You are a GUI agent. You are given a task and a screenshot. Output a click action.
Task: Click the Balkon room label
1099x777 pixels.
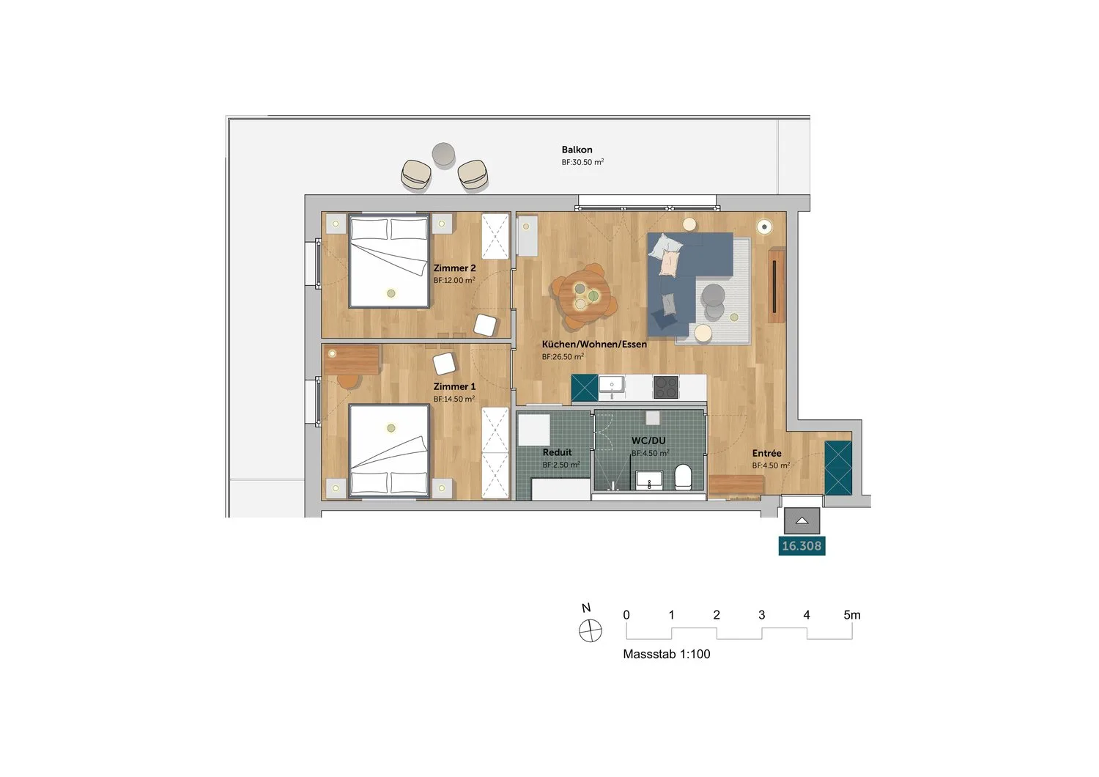tap(577, 150)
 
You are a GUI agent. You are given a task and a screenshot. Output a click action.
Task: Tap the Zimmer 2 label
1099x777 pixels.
tap(454, 268)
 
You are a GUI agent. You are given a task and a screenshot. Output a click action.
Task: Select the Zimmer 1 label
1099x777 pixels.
tap(454, 387)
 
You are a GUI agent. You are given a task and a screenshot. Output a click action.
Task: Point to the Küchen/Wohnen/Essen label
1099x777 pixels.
tap(594, 345)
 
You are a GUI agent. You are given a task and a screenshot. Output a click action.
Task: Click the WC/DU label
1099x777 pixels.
tap(648, 441)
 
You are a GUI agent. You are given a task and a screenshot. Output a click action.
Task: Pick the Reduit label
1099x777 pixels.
tap(557, 452)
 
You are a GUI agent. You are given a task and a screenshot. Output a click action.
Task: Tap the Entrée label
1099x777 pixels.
tap(766, 453)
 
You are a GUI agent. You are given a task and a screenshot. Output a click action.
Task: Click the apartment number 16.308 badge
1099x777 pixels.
tap(802, 546)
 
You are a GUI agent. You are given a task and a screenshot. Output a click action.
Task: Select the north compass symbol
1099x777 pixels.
tap(591, 630)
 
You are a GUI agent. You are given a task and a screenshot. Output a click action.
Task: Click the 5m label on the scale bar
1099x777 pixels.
tap(851, 615)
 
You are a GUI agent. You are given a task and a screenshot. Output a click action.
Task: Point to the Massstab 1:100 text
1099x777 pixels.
tap(666, 654)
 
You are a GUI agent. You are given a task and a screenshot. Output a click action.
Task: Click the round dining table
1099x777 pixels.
tap(584, 296)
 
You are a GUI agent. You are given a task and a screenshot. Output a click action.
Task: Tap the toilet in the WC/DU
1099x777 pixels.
tap(683, 476)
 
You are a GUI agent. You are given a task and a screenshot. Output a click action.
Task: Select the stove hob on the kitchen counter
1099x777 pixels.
tap(666, 387)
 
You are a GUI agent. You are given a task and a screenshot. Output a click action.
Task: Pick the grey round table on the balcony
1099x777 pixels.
tap(443, 154)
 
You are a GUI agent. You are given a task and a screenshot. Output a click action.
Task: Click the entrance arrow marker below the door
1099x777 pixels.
tap(802, 520)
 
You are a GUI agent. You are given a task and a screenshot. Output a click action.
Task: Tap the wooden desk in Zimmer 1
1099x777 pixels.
tap(351, 360)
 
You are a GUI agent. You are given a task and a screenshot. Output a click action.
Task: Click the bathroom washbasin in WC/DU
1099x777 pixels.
tap(649, 479)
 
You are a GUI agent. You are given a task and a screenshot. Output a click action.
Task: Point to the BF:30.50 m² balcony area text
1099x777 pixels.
tap(582, 162)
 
